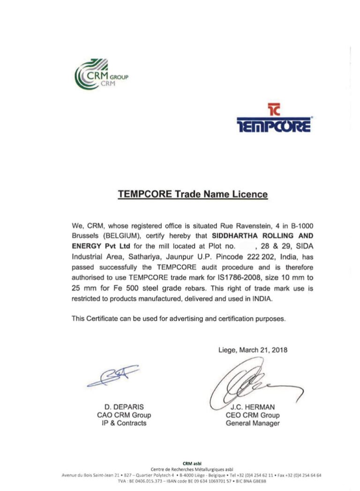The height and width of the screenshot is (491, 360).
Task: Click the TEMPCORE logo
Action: [274, 118]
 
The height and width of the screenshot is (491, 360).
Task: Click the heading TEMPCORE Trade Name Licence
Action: [193, 194]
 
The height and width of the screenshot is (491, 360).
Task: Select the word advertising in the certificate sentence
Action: [181, 318]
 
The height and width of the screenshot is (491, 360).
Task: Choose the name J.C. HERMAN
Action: [253, 407]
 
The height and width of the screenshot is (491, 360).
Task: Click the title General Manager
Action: [253, 423]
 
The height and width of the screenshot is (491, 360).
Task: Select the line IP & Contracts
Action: [124, 423]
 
